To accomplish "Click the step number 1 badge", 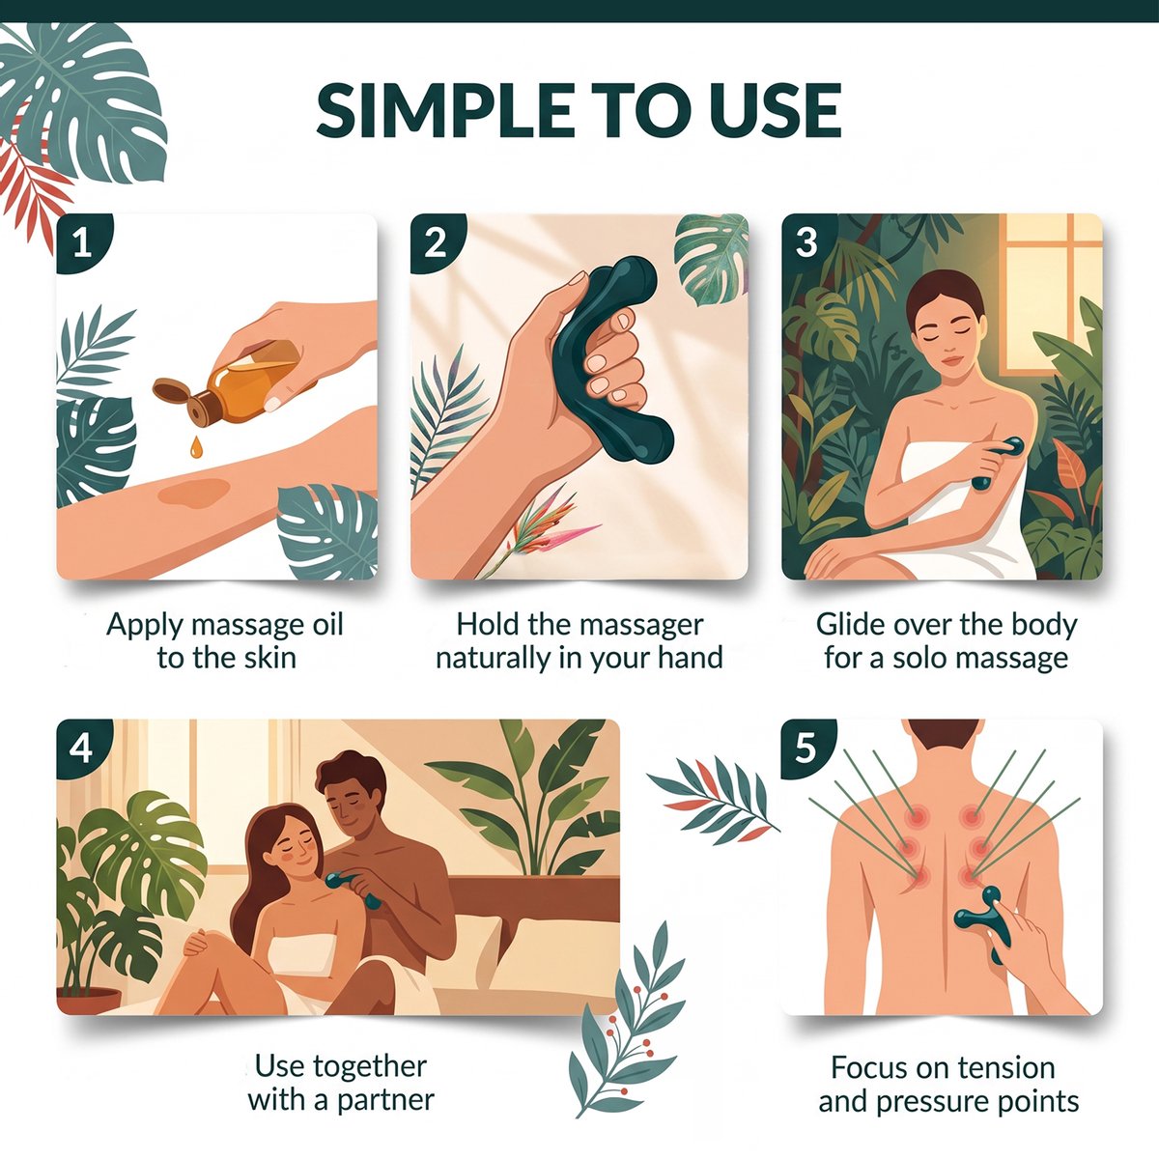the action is click(82, 243).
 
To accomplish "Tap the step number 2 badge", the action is click(436, 243).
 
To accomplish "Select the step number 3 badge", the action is click(806, 243).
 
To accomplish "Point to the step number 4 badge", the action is click(82, 749).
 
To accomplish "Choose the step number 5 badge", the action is click(806, 749).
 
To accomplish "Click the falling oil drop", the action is click(196, 448).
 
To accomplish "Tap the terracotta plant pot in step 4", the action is click(89, 1001).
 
